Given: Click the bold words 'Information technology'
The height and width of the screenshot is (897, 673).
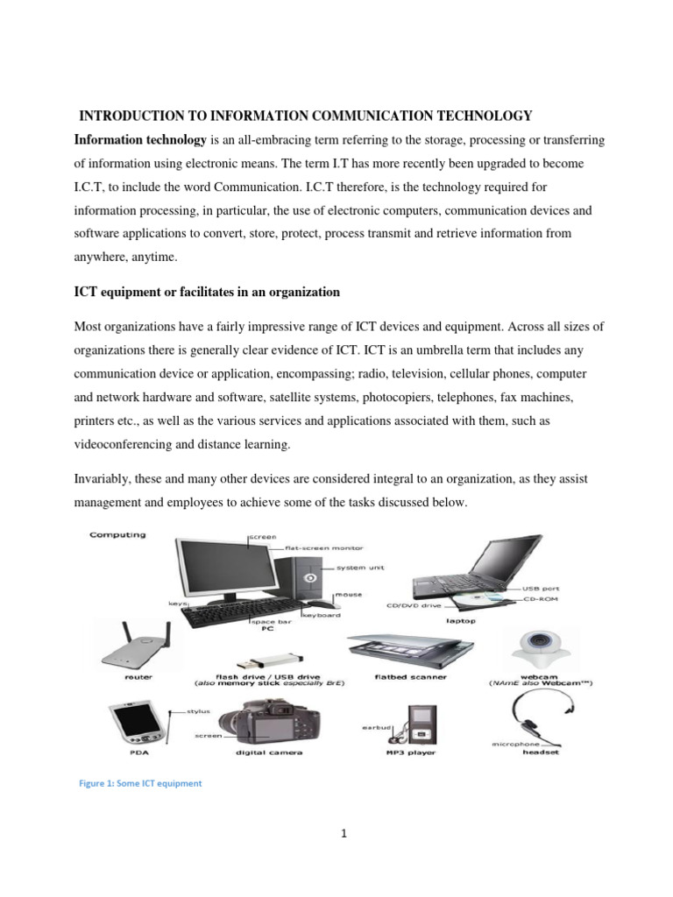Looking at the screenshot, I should [x=139, y=140].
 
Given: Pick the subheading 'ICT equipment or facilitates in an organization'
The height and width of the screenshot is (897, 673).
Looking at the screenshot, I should [x=207, y=292].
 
